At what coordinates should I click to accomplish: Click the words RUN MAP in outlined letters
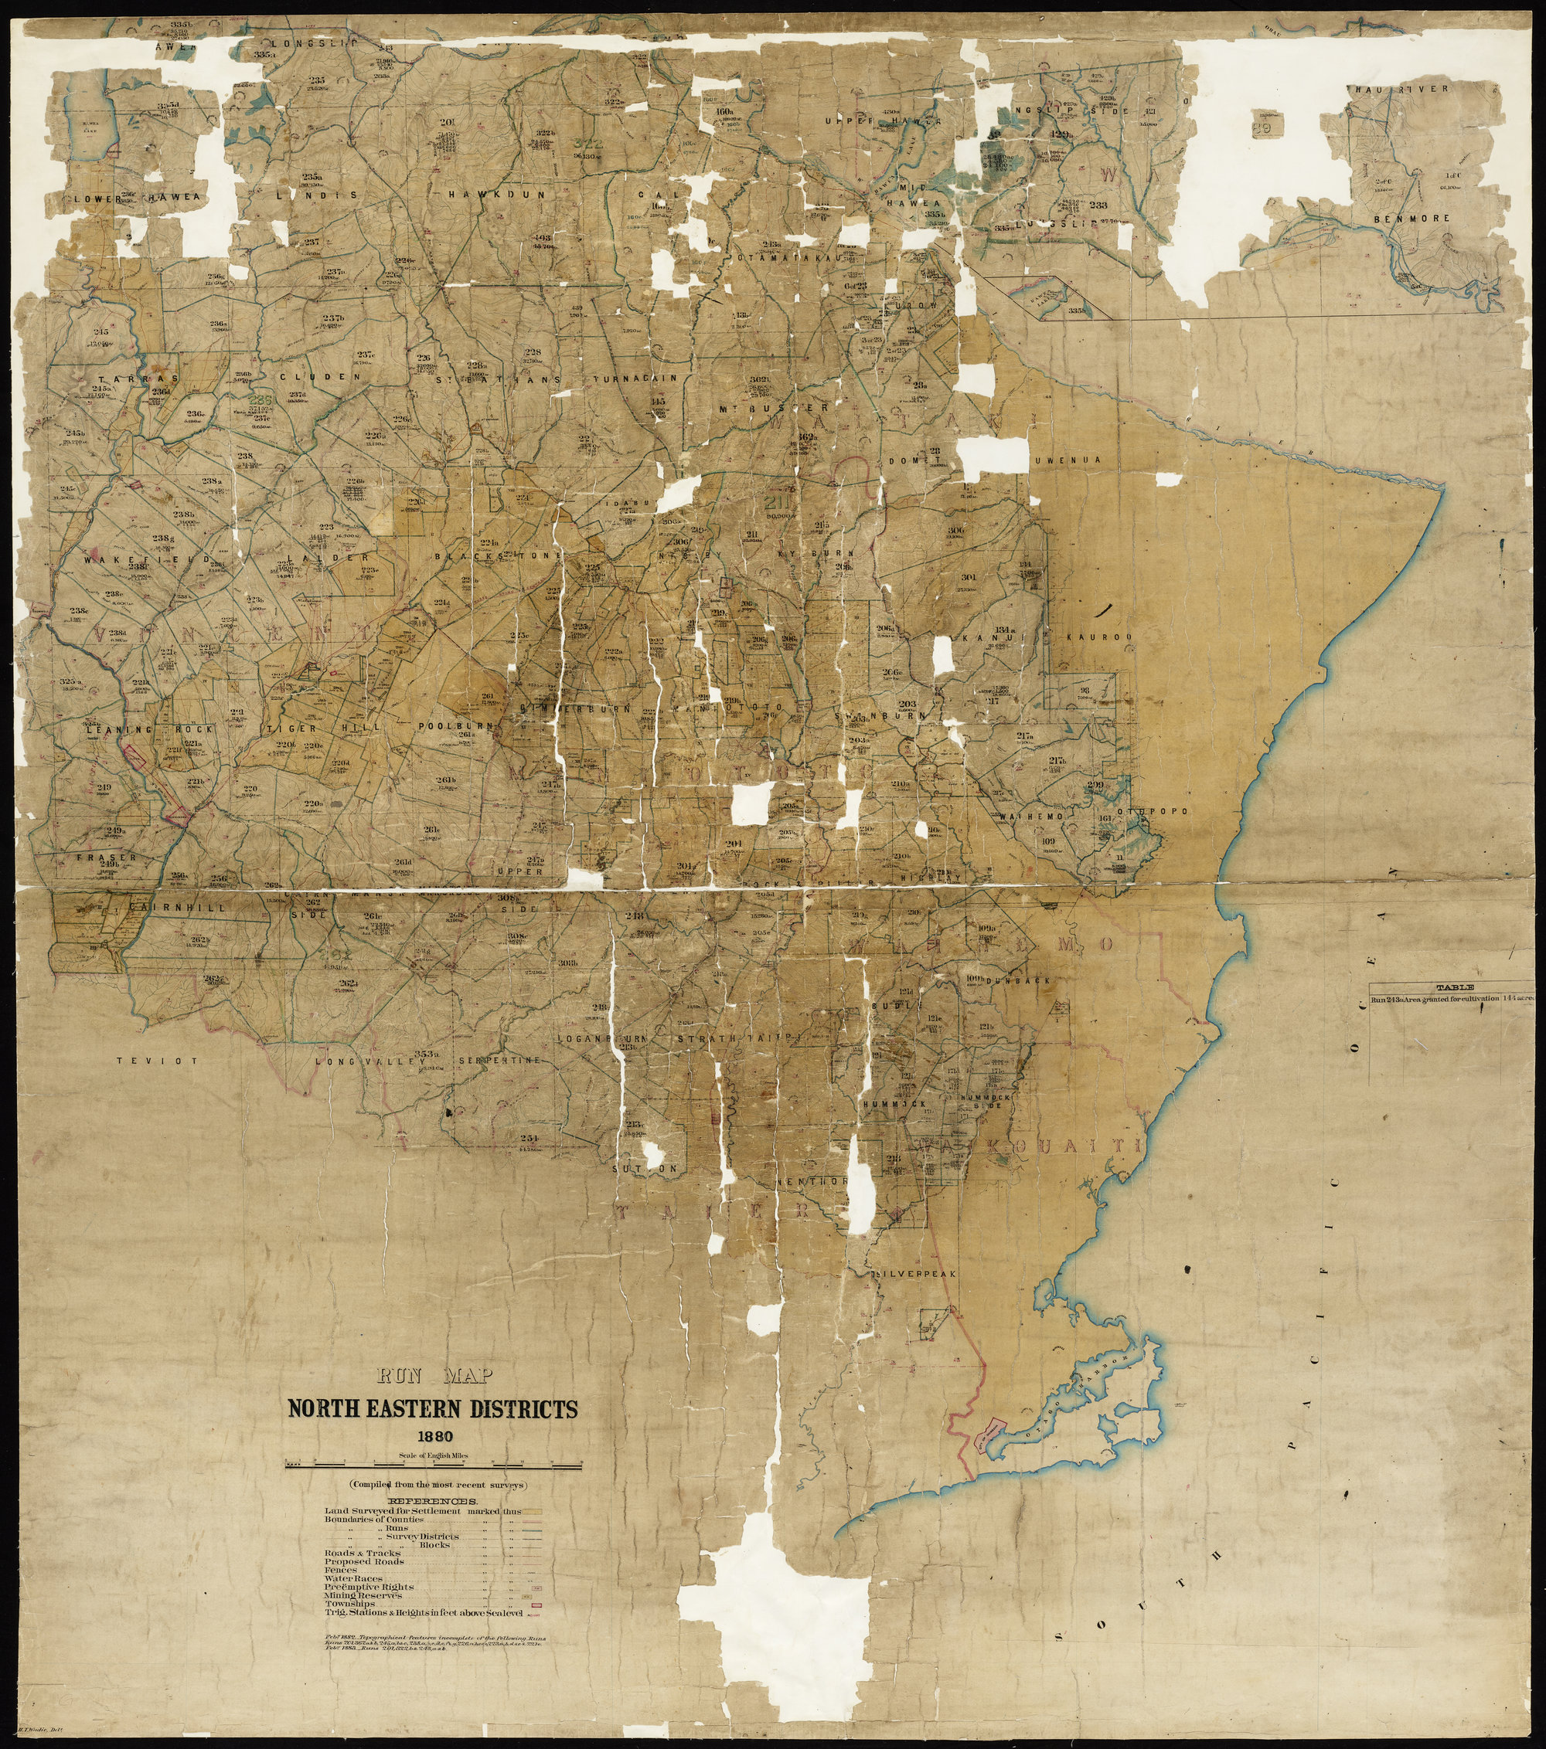433,1377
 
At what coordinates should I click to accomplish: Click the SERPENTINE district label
500,1061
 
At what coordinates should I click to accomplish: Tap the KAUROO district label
1100,637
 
